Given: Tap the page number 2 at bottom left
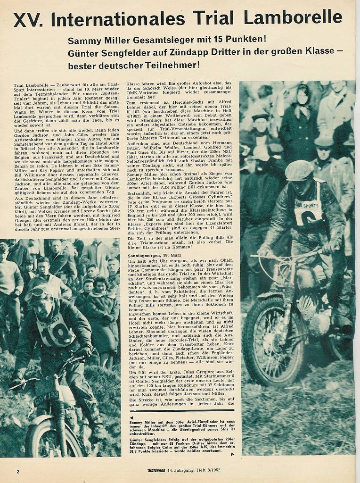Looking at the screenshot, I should tap(18, 471).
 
